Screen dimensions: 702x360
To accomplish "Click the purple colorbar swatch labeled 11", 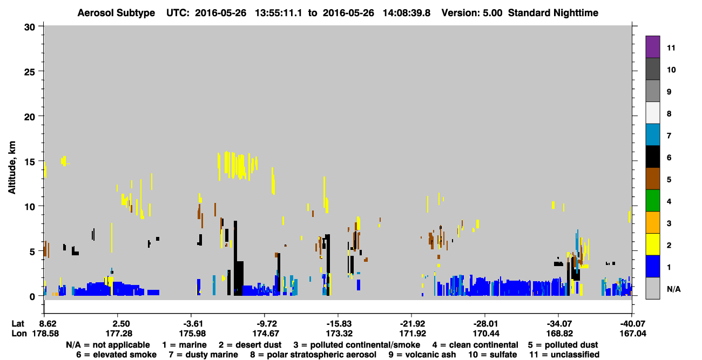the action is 652,46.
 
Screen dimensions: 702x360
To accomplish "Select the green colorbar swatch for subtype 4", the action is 652,201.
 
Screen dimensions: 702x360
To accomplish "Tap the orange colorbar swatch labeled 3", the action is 652,222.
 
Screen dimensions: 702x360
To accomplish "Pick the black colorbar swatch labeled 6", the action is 652,157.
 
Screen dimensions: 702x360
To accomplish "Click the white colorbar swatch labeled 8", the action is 652,113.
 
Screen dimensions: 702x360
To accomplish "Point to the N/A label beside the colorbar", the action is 673,289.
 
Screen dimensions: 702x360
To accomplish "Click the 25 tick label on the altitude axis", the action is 30,72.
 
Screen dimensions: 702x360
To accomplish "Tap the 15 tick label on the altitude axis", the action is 30,162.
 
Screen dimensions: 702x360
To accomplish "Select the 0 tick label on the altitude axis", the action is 32,296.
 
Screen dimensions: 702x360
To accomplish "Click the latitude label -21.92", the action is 412,324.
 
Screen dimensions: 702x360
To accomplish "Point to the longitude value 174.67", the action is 266,334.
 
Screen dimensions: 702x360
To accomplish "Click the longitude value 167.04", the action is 633,334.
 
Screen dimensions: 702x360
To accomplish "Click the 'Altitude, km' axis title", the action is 11,168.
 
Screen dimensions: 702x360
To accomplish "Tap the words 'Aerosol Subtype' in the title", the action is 116,13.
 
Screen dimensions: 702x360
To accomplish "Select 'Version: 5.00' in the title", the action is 471,13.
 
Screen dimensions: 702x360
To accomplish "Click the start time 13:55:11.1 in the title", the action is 278,13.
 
